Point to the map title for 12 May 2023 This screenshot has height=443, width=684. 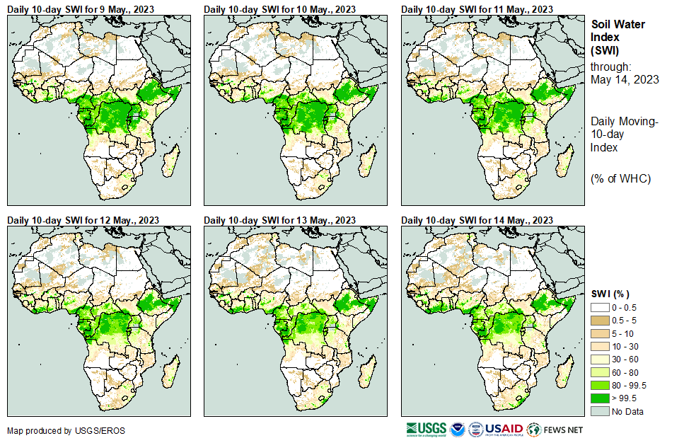point(83,220)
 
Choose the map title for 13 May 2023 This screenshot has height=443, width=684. point(281,220)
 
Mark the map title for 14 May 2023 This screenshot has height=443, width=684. point(478,220)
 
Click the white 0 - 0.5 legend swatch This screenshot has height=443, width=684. point(600,308)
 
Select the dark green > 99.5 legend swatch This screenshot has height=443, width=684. point(600,398)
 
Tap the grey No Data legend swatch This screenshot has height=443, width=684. point(600,411)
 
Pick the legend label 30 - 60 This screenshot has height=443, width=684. point(625,359)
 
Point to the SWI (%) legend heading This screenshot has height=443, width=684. point(610,294)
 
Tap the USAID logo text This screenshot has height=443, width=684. point(504,429)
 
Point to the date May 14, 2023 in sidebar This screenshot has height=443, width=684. point(625,79)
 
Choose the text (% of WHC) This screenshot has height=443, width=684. point(620,178)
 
